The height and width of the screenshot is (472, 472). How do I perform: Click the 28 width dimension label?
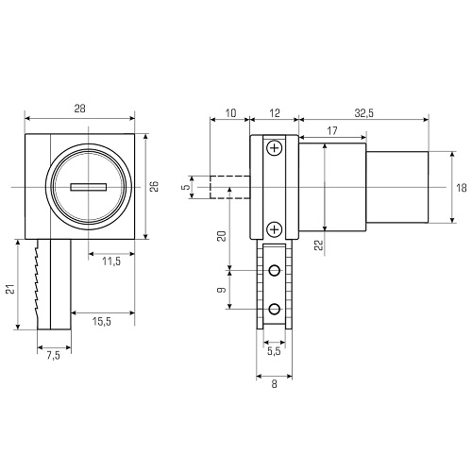79,109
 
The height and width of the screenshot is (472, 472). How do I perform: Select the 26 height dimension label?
154,186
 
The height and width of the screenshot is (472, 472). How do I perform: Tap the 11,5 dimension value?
111,261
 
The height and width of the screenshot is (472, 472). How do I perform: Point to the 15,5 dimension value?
102,321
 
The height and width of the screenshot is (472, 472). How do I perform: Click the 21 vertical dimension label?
11,289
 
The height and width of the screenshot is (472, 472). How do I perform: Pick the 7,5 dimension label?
54,356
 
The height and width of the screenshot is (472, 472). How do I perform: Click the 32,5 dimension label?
364,113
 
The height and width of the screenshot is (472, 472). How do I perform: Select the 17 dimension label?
332,130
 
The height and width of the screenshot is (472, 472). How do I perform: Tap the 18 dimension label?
462,188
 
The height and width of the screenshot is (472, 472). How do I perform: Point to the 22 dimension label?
319,244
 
